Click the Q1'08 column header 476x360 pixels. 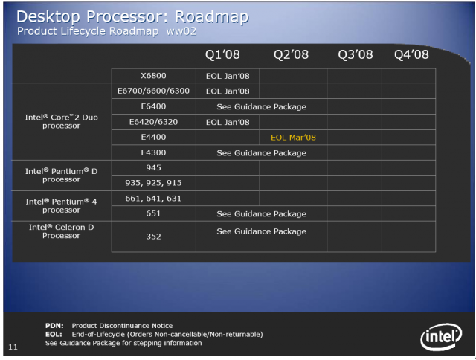(x=222, y=54)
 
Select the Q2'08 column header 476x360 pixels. (x=291, y=54)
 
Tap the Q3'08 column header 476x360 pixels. (x=356, y=54)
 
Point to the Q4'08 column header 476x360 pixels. (x=411, y=54)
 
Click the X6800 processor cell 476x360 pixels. (x=153, y=76)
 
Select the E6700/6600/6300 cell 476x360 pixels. (x=153, y=91)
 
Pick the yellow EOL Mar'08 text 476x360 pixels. (x=293, y=138)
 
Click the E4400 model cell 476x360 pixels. (x=153, y=137)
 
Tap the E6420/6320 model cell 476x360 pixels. (x=153, y=122)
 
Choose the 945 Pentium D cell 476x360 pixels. (x=153, y=167)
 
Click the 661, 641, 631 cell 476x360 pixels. (x=153, y=199)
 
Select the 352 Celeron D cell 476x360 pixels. (x=153, y=237)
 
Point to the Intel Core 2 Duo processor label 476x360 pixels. (x=61, y=121)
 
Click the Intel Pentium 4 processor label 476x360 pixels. (x=61, y=206)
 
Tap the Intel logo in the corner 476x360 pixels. (x=441, y=337)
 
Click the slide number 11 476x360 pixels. (x=13, y=347)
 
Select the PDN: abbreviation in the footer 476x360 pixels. (x=54, y=326)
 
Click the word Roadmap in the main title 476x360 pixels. (x=212, y=17)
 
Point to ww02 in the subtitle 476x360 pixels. (x=181, y=31)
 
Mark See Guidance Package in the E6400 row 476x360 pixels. (x=261, y=107)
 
